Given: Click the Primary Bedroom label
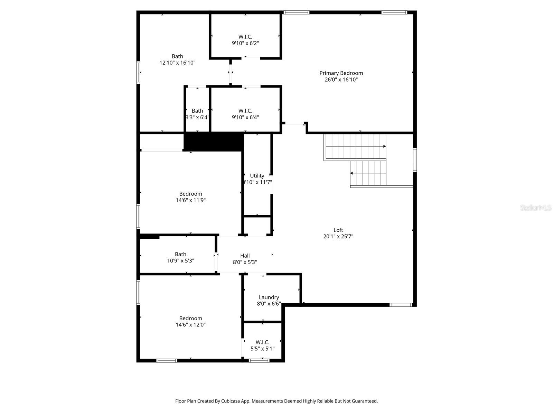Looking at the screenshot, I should (341, 73).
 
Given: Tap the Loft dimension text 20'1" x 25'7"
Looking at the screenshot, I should (338, 237).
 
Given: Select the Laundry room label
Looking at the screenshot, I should (269, 297).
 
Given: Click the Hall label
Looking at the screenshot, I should (245, 256).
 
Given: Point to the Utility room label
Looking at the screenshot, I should (257, 176).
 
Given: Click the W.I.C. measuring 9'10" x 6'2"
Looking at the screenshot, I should (245, 40).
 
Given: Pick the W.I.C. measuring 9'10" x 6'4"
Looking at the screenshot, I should (245, 114).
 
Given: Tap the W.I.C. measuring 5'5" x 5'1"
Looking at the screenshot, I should (262, 345).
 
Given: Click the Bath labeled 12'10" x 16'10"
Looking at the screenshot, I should (177, 59).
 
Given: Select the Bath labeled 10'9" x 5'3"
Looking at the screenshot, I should (180, 257).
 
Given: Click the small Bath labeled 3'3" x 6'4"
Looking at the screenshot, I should (197, 114).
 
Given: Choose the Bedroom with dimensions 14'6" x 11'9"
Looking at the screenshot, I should (190, 197).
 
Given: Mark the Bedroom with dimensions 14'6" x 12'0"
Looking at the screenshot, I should (190, 321).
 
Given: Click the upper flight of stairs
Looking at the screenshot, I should (355, 147).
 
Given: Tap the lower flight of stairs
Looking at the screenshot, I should (368, 173).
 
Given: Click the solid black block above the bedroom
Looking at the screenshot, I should (213, 141).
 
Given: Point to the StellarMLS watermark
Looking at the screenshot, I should (536, 208).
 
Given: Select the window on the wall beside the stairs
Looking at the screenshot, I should (415, 159).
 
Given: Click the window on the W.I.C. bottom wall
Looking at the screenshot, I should (259, 360).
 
